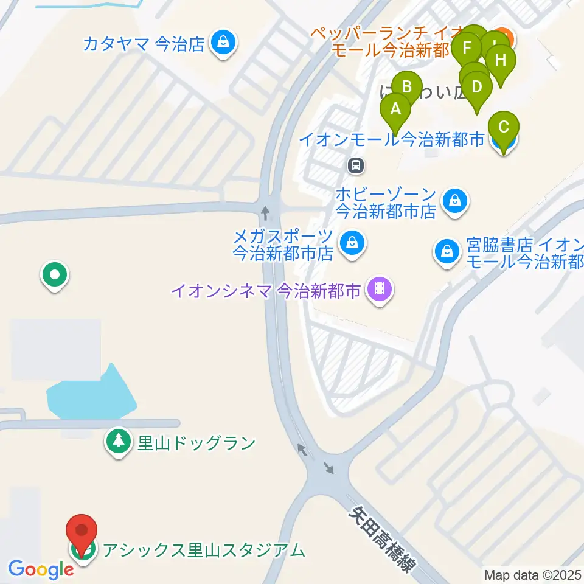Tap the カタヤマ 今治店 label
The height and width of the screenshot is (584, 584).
144,44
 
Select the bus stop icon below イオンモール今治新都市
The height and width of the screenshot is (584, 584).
355,164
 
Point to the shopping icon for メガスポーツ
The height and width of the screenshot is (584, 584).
352,243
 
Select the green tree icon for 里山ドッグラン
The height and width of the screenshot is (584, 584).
117,442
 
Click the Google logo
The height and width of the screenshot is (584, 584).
40,570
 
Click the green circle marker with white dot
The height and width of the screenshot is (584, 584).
55,275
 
